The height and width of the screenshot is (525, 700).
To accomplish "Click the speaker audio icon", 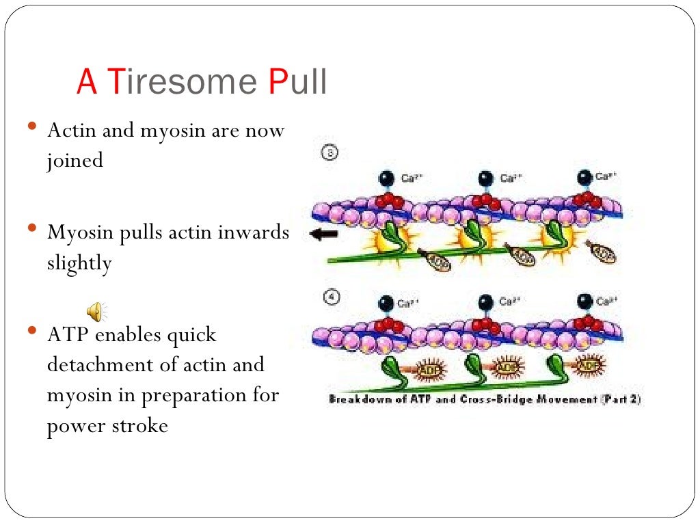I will (x=95, y=312).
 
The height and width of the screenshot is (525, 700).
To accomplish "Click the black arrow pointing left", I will (x=323, y=234).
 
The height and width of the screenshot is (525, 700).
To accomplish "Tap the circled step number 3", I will (x=329, y=154).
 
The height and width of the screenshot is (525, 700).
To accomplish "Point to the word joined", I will (x=75, y=161).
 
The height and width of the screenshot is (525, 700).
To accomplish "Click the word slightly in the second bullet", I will (x=79, y=263).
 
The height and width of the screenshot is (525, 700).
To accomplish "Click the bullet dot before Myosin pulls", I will (x=31, y=228).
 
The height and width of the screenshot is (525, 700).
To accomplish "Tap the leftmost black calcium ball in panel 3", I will (x=388, y=179).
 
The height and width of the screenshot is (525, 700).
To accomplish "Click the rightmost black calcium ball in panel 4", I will (x=585, y=301).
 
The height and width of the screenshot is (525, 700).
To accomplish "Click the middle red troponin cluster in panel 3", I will (x=485, y=201).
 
